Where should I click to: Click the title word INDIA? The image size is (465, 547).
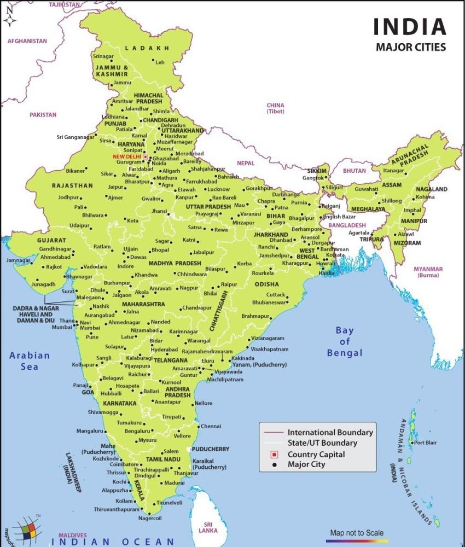[x=410, y=27]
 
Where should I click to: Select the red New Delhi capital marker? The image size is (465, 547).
[x=146, y=156]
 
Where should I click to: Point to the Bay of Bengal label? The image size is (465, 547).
[x=345, y=341]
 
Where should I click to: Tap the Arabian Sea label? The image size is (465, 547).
[x=30, y=360]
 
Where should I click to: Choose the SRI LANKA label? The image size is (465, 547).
[x=207, y=527]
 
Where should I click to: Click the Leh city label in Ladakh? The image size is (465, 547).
[x=160, y=62]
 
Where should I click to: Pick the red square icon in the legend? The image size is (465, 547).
[x=275, y=454]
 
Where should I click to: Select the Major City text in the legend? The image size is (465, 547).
[x=306, y=464]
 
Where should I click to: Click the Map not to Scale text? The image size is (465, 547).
[x=357, y=532]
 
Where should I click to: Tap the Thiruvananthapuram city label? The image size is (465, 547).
[x=117, y=509]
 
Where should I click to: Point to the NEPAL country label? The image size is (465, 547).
[x=246, y=163]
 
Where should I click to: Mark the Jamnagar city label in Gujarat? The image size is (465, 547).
[x=19, y=260]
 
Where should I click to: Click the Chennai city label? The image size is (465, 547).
[x=211, y=426]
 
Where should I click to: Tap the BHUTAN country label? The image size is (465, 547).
[x=355, y=171]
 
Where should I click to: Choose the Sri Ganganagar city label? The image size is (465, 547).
[x=75, y=137]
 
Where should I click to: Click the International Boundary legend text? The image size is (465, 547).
[x=330, y=432]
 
